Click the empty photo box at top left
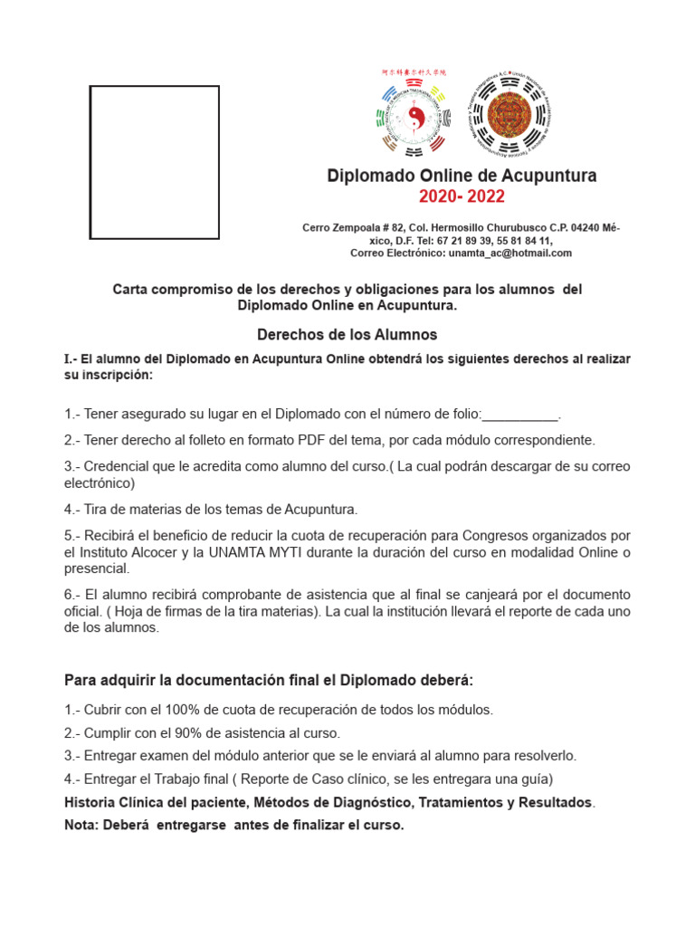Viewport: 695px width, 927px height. [154, 162]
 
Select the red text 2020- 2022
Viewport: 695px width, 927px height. [462, 197]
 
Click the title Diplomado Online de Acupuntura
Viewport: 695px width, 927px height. [462, 176]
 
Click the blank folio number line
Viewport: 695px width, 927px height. [520, 415]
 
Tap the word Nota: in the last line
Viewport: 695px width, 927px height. [83, 826]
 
